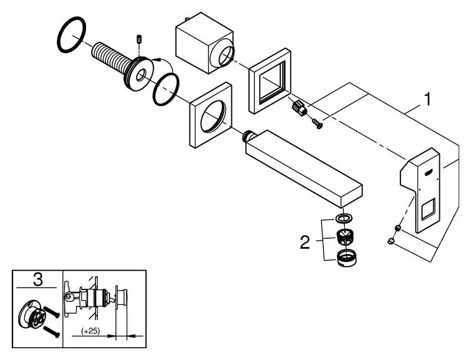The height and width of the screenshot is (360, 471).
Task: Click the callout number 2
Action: click(x=306, y=241)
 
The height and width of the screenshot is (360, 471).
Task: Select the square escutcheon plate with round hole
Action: click(x=209, y=115)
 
